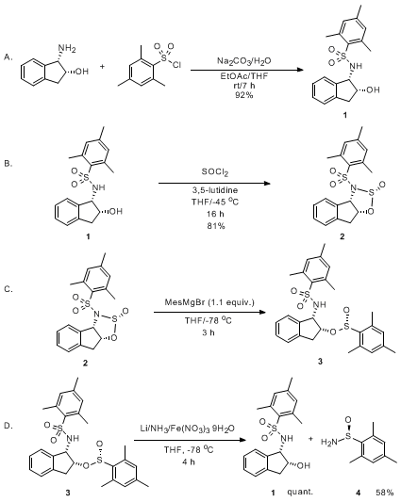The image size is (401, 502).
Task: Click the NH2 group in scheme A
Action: point(67,49)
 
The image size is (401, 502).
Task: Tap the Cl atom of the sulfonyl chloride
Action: point(176,65)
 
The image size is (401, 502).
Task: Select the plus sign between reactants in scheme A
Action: point(102,67)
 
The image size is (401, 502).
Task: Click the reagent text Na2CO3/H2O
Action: point(244,60)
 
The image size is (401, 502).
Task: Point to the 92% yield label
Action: point(243,95)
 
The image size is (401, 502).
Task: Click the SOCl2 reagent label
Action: point(215,172)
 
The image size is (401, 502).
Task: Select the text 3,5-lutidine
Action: point(215,190)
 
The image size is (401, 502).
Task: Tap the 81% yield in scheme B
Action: point(215,226)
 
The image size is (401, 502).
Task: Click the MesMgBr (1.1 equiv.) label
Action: point(209,302)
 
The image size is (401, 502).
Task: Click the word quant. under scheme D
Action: point(300,492)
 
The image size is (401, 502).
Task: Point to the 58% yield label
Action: point(384,492)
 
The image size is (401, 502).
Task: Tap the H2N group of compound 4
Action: point(328,442)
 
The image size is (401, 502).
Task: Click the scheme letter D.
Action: point(8,426)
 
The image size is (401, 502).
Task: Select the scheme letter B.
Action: point(8,164)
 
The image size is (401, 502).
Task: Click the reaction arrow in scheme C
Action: point(210,312)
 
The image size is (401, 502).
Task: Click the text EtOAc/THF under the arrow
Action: point(243,77)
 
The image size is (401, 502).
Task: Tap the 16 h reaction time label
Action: point(215,214)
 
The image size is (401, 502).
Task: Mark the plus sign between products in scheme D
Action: point(310,439)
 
